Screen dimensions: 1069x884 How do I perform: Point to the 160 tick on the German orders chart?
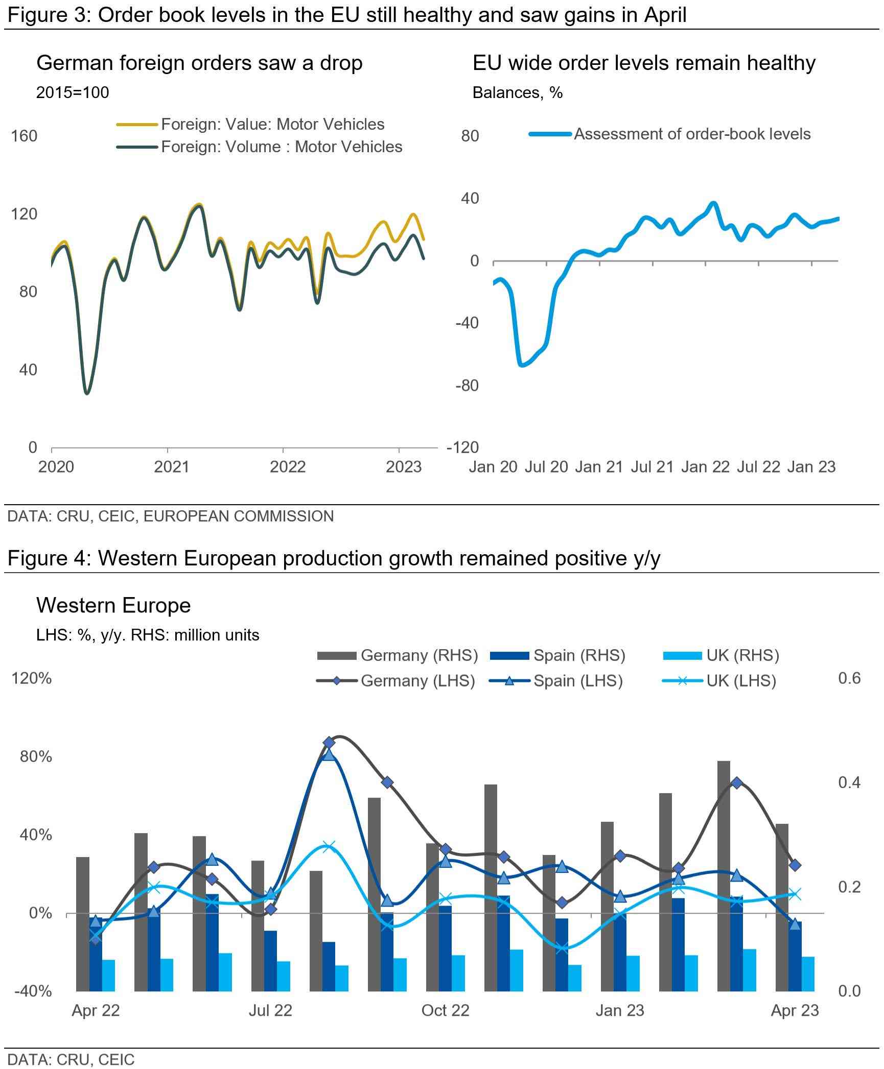tap(25, 136)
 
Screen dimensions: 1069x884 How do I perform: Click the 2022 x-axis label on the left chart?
tap(288, 467)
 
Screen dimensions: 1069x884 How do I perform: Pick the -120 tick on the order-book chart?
tap(462, 447)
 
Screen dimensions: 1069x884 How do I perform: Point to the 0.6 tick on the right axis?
tap(849, 678)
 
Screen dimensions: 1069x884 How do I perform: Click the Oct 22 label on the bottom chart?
tap(445, 1010)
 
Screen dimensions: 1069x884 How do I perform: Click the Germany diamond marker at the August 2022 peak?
tap(329, 742)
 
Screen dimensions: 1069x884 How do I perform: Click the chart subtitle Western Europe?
tap(113, 605)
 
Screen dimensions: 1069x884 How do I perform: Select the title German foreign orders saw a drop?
tap(199, 63)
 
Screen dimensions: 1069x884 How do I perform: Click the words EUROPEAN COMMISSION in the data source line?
tap(238, 516)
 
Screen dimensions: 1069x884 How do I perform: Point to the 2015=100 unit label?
tap(73, 92)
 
